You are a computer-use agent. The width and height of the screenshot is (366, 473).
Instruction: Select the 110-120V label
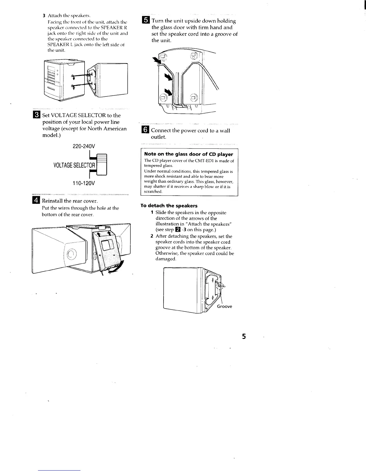click(83, 183)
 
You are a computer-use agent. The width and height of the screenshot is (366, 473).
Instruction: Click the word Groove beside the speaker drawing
click(224, 306)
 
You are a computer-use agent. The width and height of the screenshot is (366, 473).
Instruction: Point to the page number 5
click(244, 337)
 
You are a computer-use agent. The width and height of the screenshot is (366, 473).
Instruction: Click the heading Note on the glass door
click(188, 154)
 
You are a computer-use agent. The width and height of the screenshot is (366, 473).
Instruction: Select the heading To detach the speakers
click(169, 206)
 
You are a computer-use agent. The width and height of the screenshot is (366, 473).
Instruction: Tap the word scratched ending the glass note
click(153, 191)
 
